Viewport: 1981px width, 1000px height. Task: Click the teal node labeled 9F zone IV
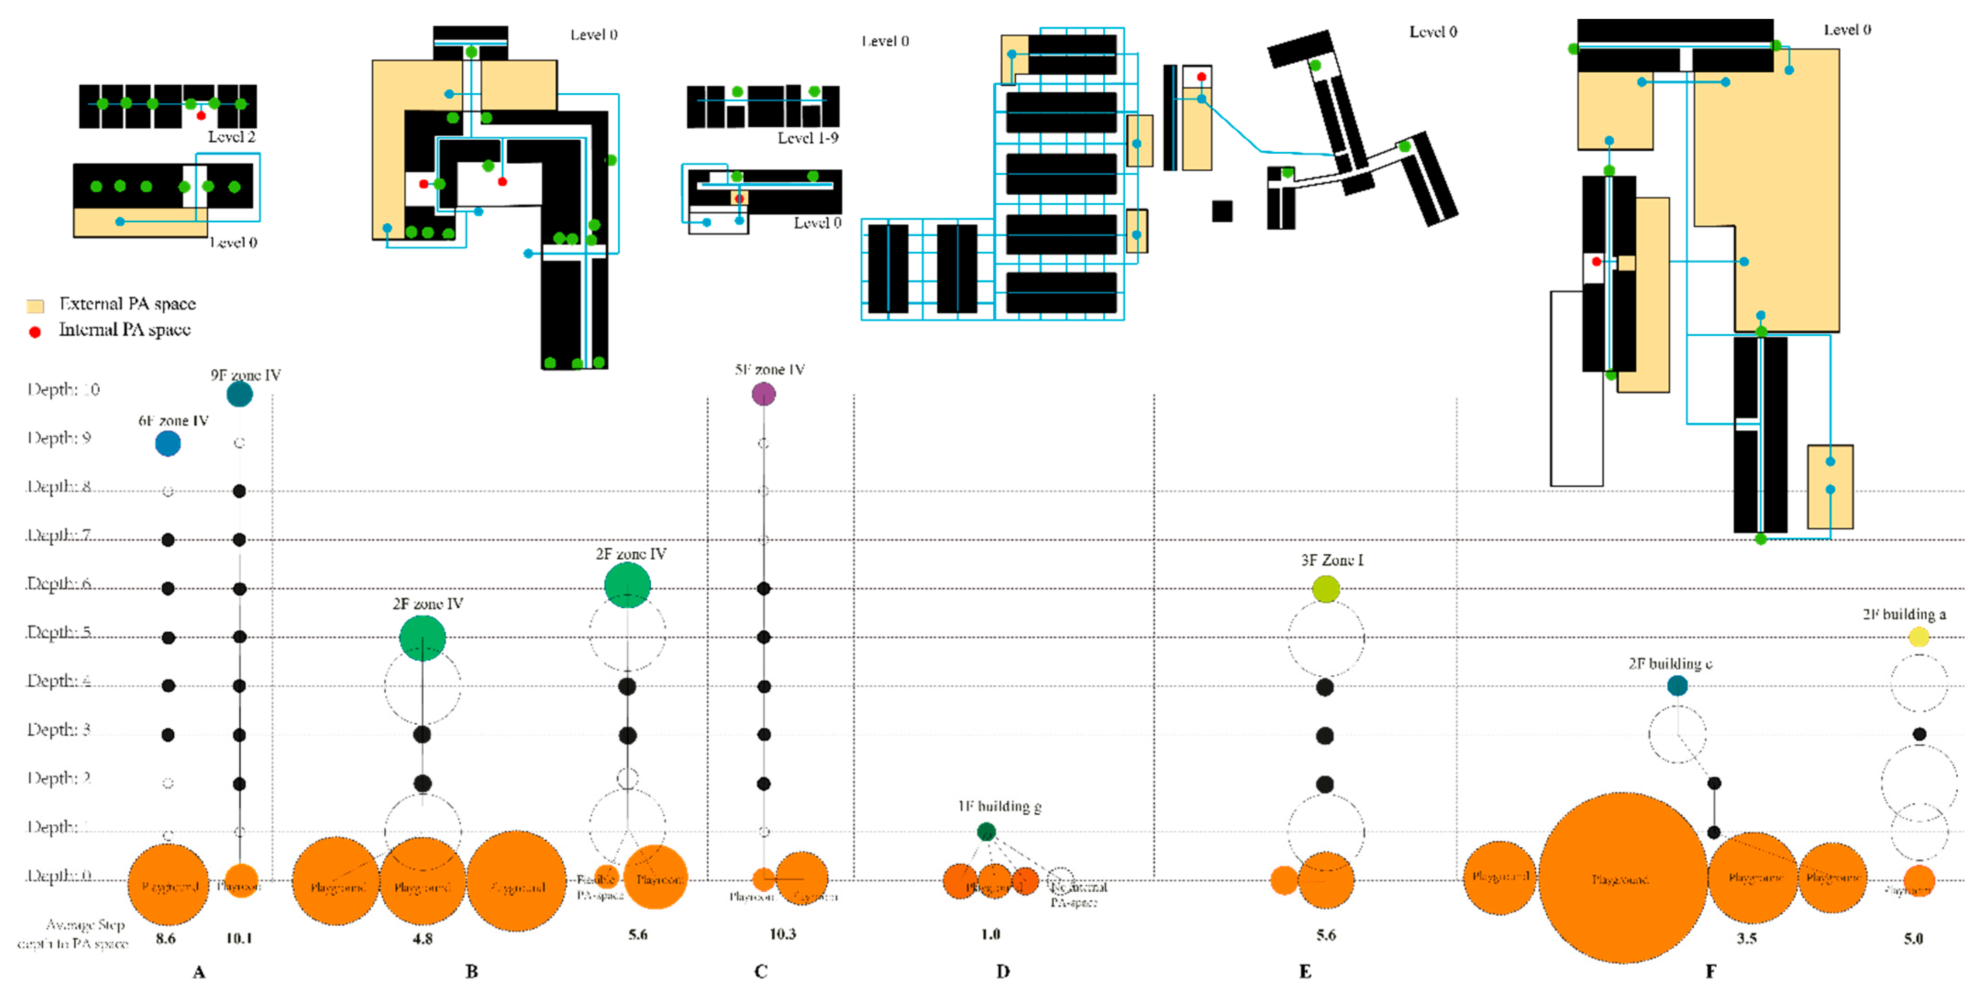click(240, 394)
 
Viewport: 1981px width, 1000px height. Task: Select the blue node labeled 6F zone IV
click(168, 443)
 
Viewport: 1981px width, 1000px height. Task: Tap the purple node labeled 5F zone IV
click(763, 394)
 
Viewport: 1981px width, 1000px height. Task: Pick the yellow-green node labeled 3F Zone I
click(1326, 589)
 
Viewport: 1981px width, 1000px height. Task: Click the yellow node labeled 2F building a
click(1919, 637)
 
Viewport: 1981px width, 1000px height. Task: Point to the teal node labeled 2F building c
click(1677, 685)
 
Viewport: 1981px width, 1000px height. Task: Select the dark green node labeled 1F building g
click(986, 831)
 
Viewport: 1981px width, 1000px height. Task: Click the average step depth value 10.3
click(782, 934)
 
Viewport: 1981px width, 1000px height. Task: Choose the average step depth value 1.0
click(990, 934)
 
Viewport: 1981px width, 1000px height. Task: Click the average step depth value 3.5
click(1747, 938)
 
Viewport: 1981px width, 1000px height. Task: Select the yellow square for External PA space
click(34, 306)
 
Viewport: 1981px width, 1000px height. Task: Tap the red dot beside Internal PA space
click(34, 332)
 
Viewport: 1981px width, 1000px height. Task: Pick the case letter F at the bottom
click(1710, 972)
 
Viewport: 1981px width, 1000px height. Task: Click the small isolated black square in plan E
click(1222, 211)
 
